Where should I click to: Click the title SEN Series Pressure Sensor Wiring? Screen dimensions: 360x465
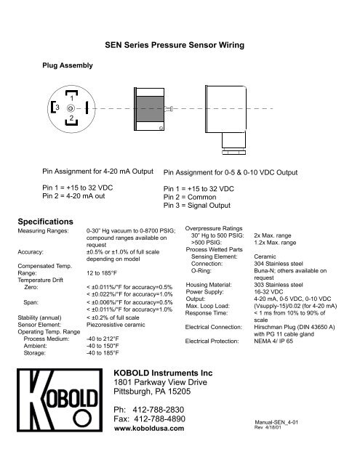click(180, 46)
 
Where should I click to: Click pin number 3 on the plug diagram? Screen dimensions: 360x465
click(58, 107)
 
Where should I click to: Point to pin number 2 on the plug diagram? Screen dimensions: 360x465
click(71, 118)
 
